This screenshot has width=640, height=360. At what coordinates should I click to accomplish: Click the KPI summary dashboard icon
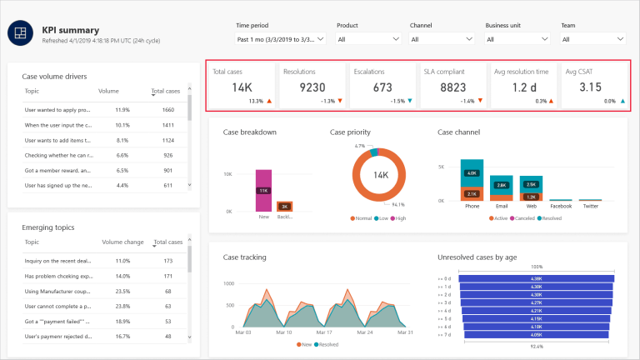(18, 32)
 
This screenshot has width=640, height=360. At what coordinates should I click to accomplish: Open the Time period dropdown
(280, 39)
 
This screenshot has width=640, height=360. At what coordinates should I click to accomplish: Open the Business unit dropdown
(519, 39)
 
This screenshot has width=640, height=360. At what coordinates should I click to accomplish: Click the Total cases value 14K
(242, 87)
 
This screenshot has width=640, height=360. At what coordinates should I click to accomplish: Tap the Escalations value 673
(382, 87)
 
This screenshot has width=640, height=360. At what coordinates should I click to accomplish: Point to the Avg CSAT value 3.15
(590, 87)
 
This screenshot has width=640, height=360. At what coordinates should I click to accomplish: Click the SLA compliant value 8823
(452, 87)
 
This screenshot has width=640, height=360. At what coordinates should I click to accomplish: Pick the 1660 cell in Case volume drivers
(168, 110)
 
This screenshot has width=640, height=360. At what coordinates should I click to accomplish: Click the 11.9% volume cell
(121, 110)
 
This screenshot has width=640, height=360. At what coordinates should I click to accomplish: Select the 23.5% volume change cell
(121, 292)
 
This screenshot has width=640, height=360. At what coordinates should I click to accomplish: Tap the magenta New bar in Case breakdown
(263, 191)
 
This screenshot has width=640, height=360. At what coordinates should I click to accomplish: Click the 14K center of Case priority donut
(381, 176)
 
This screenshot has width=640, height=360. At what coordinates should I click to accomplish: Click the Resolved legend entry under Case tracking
(327, 343)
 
